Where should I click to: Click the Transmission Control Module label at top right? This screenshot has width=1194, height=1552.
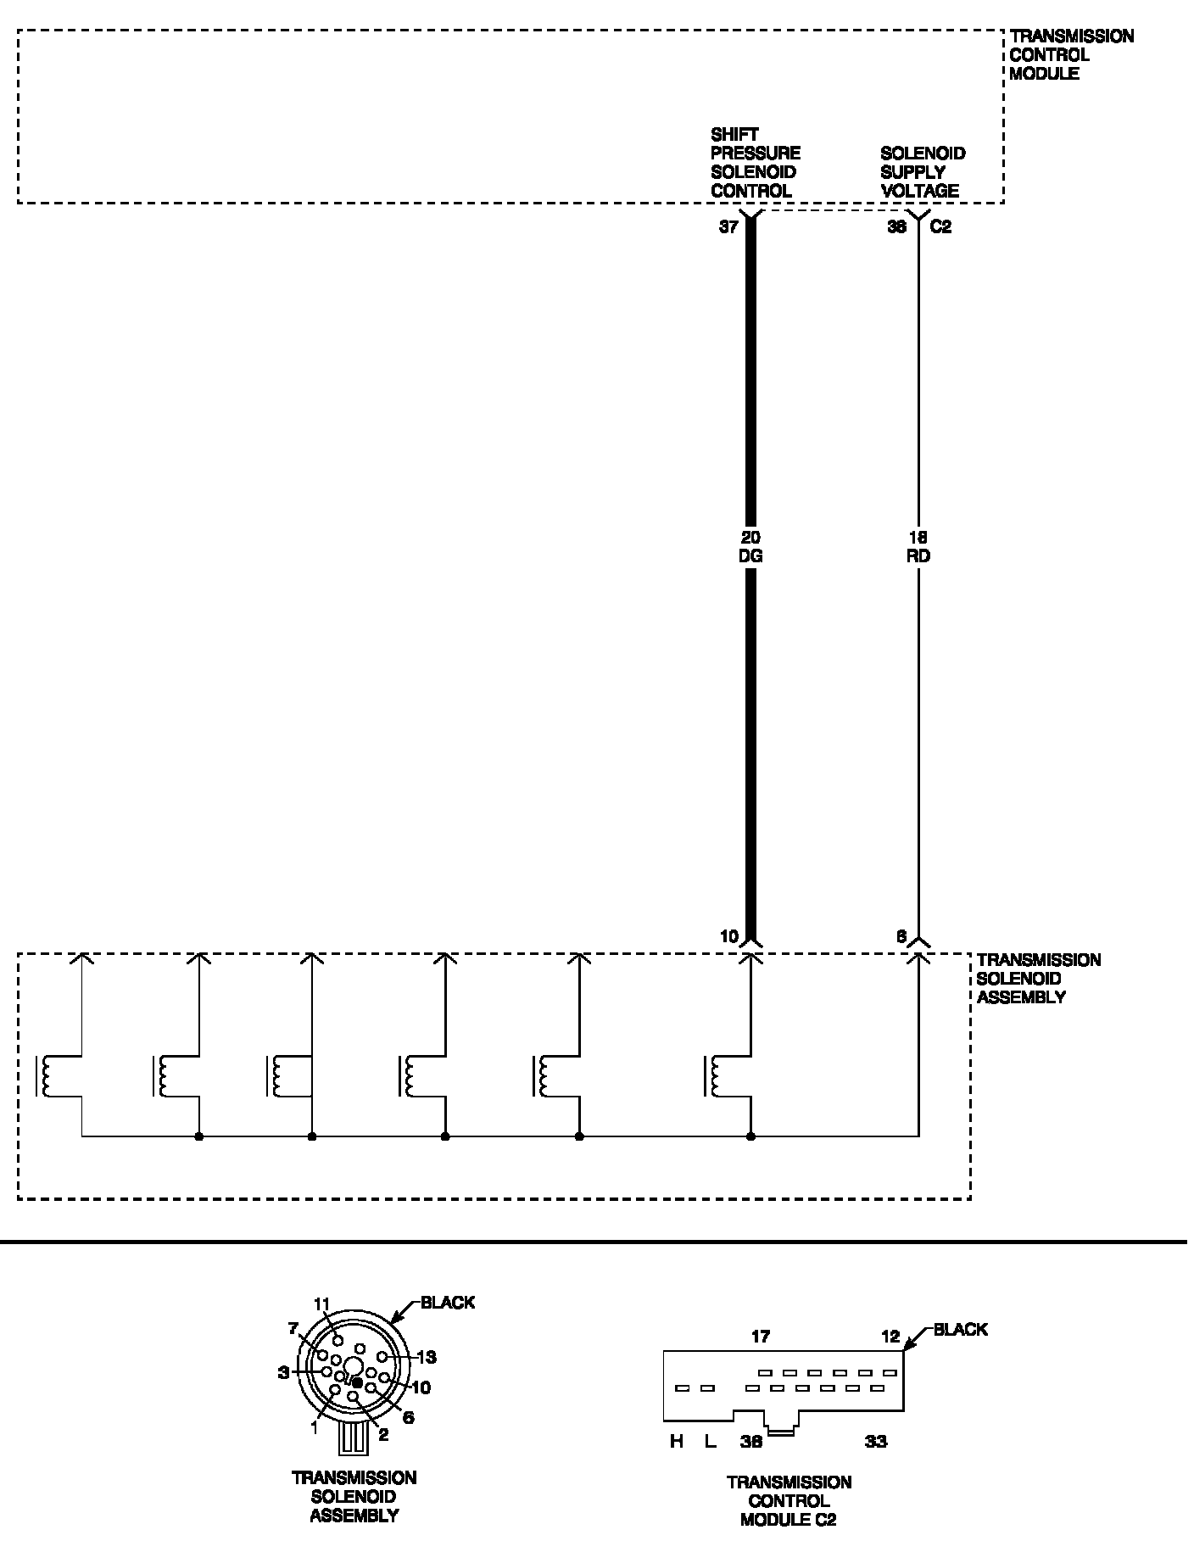pyautogui.click(x=1070, y=54)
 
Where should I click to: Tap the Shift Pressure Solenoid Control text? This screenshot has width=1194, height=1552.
pyautogui.click(x=755, y=162)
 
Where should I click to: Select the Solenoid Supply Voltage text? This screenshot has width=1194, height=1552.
pyautogui.click(x=922, y=172)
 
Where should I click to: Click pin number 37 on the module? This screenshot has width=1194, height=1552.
pyautogui.click(x=728, y=227)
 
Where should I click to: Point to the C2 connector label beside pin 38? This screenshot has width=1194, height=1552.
pyautogui.click(x=940, y=227)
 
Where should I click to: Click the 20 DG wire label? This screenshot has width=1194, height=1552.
pyautogui.click(x=750, y=546)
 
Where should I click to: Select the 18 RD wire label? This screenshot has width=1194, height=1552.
pyautogui.click(x=918, y=546)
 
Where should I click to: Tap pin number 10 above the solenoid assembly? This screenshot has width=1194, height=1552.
pyautogui.click(x=729, y=937)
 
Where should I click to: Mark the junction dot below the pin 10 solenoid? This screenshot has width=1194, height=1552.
pyautogui.click(x=750, y=1136)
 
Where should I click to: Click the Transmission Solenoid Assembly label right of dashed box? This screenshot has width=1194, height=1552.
pyautogui.click(x=1038, y=978)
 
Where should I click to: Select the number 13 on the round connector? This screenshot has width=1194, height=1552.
pyautogui.click(x=427, y=1357)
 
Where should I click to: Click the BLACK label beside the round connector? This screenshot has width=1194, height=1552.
pyautogui.click(x=447, y=1302)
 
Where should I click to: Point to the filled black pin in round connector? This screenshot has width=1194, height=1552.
pyautogui.click(x=357, y=1383)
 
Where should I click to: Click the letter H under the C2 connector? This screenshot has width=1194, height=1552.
pyautogui.click(x=676, y=1441)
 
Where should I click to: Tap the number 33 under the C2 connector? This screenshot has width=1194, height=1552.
pyautogui.click(x=875, y=1441)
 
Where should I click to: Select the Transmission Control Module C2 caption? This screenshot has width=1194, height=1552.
pyautogui.click(x=788, y=1501)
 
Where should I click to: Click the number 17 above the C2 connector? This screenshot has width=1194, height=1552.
pyautogui.click(x=761, y=1337)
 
